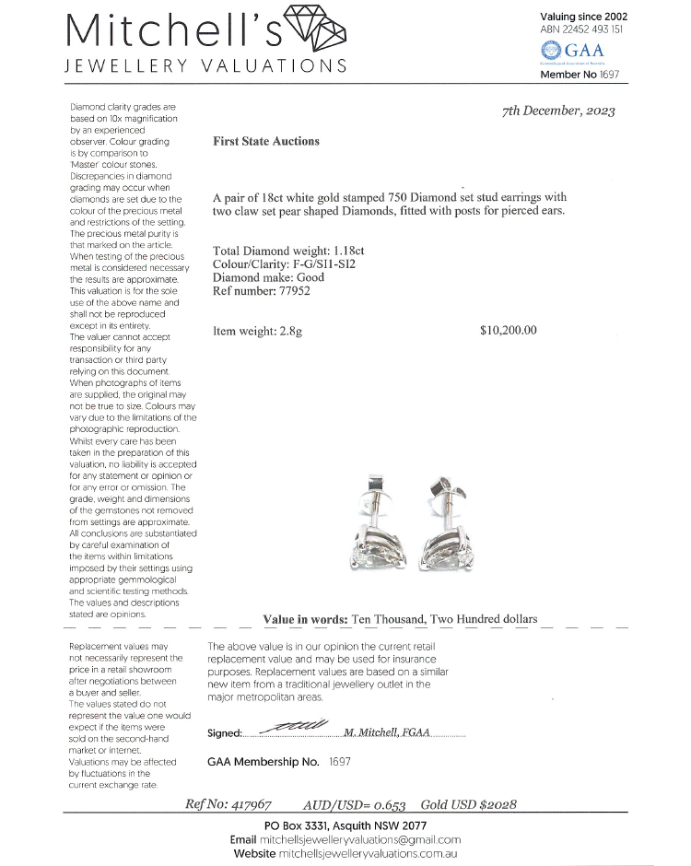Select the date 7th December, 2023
(x=558, y=111)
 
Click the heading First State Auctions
(x=265, y=142)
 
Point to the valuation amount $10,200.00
(x=508, y=331)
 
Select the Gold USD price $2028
(x=498, y=804)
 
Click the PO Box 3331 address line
(x=345, y=825)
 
